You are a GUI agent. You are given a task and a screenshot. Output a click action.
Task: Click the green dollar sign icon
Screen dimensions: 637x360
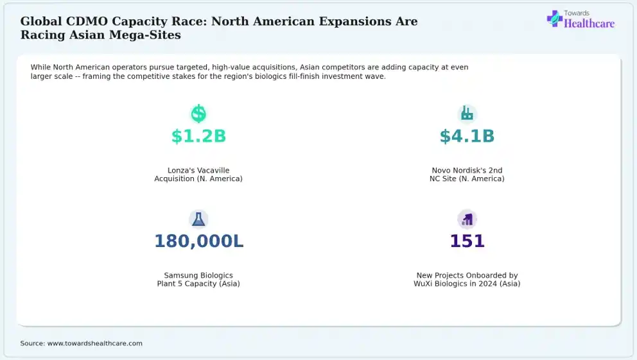198,114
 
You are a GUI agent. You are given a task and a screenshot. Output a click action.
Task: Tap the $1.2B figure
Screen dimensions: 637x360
198,137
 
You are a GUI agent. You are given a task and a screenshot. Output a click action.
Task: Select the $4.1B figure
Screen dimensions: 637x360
467,137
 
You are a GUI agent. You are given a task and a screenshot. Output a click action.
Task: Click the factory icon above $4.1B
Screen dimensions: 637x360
467,114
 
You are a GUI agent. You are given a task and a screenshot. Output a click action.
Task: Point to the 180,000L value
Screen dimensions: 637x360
198,241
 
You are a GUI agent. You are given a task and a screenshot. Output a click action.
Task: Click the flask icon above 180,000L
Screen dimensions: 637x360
198,219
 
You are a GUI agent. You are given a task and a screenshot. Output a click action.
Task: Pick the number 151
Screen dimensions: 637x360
467,241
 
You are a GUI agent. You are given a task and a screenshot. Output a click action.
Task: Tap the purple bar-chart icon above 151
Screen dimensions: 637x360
467,219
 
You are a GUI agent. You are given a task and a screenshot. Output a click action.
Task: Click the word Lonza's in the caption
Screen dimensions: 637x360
181,171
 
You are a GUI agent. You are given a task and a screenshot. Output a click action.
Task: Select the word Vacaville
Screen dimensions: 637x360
213,171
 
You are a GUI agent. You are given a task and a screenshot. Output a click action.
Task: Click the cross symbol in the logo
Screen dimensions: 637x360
554,19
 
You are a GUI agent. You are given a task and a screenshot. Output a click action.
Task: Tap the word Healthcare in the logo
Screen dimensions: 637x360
589,24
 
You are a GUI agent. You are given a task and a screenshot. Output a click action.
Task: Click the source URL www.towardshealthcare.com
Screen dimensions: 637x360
95,343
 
